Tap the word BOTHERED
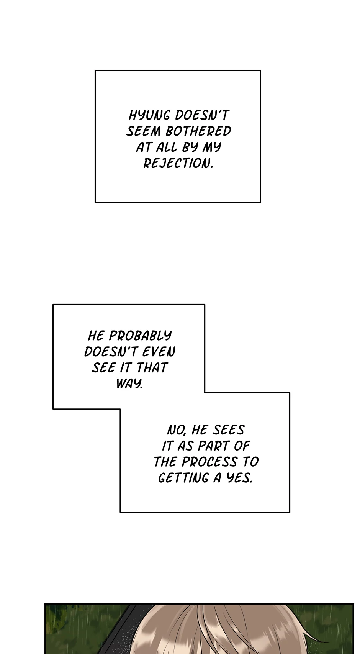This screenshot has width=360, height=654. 198,131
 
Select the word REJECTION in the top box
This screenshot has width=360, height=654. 178,164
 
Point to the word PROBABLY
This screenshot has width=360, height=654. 140,336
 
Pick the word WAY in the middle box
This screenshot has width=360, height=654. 129,384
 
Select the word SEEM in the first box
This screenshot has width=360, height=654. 144,131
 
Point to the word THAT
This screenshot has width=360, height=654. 152,368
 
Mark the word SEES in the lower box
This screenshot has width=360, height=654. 228,430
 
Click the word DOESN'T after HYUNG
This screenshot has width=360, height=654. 202,115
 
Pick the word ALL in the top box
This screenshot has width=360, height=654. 167,148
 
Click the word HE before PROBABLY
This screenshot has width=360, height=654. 96,336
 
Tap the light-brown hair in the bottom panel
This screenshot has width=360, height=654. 214,632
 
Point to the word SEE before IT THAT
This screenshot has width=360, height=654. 103,368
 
